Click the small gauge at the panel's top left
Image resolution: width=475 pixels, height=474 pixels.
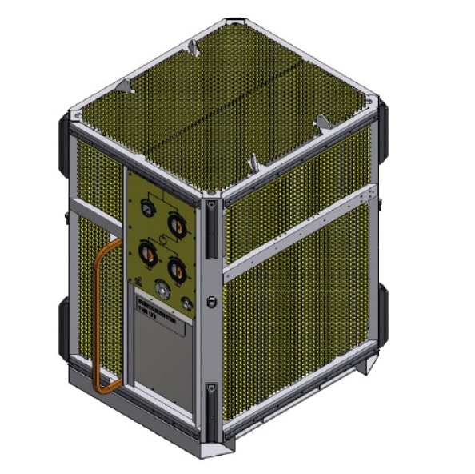click(146, 208)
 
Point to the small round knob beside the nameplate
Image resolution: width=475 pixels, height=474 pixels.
click(186, 303)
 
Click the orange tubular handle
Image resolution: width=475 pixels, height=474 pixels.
click(101, 320)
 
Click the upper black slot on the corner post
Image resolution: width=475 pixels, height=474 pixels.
click(210, 229)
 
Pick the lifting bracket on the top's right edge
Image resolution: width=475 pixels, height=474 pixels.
click(322, 123)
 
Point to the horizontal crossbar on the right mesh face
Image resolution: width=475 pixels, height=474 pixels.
click(300, 240)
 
